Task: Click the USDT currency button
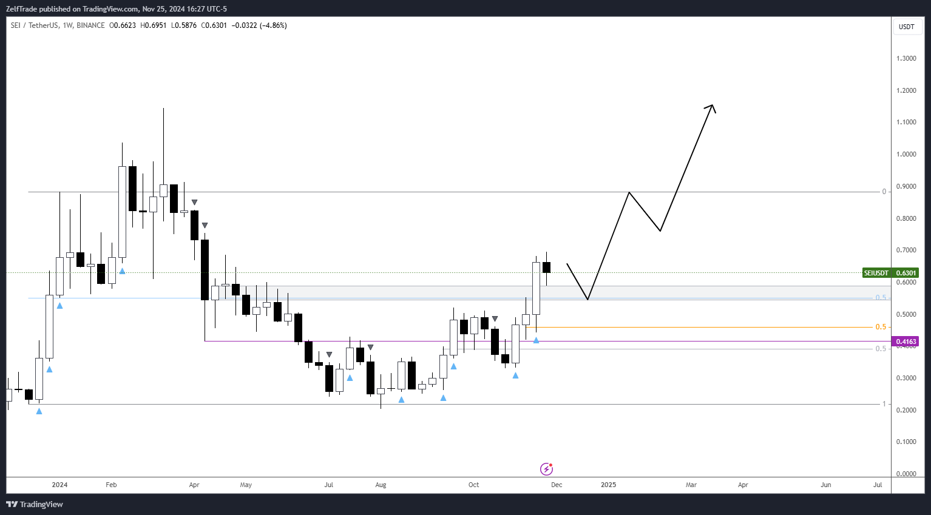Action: (906, 27)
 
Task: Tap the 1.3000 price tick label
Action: (906, 58)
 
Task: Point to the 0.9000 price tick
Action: (906, 186)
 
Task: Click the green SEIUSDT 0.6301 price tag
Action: (890, 273)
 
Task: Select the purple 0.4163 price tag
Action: (906, 342)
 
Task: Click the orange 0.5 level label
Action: (881, 327)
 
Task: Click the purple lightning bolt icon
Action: (546, 469)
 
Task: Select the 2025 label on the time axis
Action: (608, 485)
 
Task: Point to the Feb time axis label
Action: (111, 485)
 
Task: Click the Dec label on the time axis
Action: (557, 485)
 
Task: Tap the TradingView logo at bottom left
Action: (35, 504)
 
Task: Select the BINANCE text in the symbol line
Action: (90, 25)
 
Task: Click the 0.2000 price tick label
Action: (906, 410)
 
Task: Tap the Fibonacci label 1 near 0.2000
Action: (884, 404)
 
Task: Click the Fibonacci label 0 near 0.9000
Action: (884, 192)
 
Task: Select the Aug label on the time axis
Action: (381, 485)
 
